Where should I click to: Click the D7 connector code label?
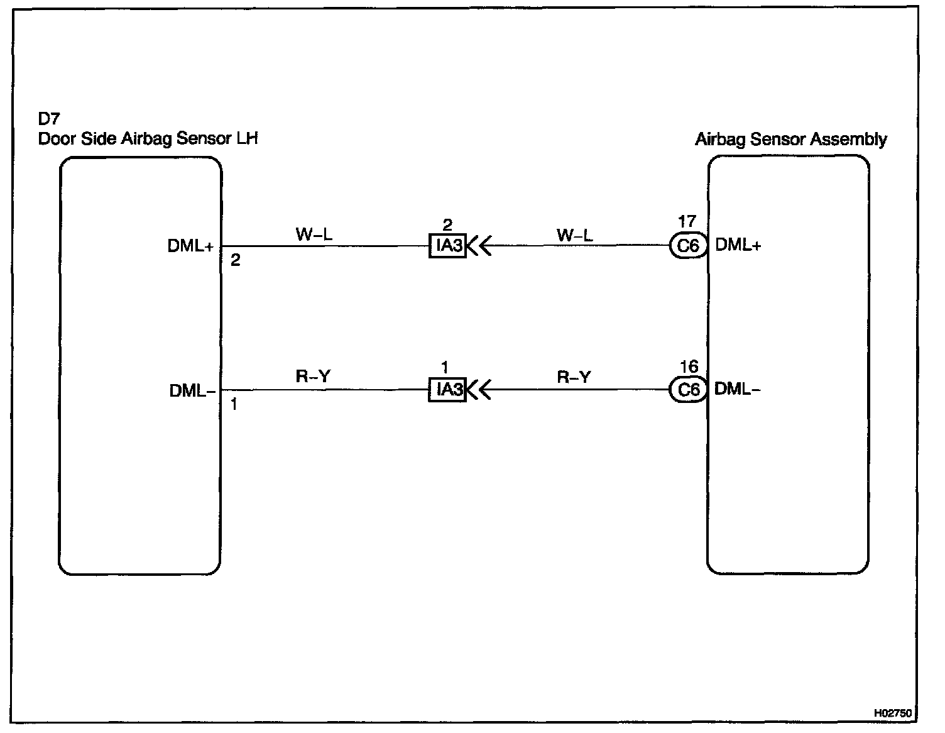click(x=48, y=119)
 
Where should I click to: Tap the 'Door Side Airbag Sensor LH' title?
click(x=148, y=138)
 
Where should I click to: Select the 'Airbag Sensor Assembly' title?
click(x=790, y=139)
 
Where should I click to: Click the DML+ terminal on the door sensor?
click(x=190, y=246)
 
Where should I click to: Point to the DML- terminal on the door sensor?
click(x=192, y=391)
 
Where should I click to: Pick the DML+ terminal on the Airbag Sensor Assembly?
click(x=738, y=245)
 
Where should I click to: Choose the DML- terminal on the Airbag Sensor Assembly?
click(x=737, y=389)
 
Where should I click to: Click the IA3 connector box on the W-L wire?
click(x=448, y=245)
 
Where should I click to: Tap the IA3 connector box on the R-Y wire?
click(x=448, y=390)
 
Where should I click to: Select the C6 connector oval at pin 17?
click(x=688, y=246)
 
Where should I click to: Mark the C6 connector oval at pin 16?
click(x=688, y=390)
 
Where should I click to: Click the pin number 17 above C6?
click(x=687, y=222)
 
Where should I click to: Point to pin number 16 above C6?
click(x=689, y=366)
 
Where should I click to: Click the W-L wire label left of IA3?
click(x=314, y=235)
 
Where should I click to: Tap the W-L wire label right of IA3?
click(x=574, y=235)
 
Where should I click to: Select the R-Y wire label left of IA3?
click(x=313, y=377)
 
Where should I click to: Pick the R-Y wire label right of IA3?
click(x=574, y=377)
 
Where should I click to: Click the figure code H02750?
click(x=892, y=713)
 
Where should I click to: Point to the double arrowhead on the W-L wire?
click(x=479, y=246)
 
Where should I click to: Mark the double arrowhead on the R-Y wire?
click(x=479, y=390)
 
